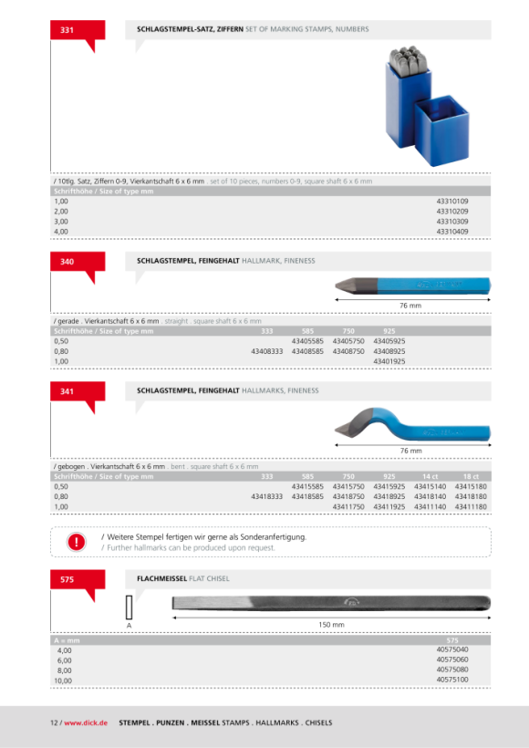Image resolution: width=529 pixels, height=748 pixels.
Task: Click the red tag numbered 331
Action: tap(78, 30)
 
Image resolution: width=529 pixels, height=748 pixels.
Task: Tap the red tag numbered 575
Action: tap(78, 580)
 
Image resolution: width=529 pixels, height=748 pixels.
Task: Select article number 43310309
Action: tap(452, 222)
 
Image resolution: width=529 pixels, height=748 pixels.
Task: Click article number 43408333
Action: tap(267, 351)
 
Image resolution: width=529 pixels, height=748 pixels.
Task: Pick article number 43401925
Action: tap(389, 361)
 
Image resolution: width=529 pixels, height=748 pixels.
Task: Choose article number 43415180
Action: tap(471, 486)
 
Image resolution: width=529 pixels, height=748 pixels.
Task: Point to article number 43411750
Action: tap(348, 506)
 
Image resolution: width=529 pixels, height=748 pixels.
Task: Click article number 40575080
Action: tap(452, 670)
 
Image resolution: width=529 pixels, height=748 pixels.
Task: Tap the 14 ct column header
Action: tap(430, 476)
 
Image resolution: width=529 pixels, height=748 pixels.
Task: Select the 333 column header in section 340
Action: tap(267, 331)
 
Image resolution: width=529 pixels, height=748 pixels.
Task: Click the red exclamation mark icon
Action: tap(77, 542)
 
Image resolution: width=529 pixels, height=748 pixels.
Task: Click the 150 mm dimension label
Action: tap(331, 625)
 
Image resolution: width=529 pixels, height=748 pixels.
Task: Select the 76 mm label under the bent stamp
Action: tap(410, 451)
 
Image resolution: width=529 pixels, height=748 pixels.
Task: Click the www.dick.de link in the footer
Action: tap(86, 722)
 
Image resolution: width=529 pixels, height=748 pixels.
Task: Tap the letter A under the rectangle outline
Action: tap(129, 626)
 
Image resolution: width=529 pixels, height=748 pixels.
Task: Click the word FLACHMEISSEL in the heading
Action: tap(161, 578)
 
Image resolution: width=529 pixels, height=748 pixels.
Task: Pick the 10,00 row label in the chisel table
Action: tap(63, 680)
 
